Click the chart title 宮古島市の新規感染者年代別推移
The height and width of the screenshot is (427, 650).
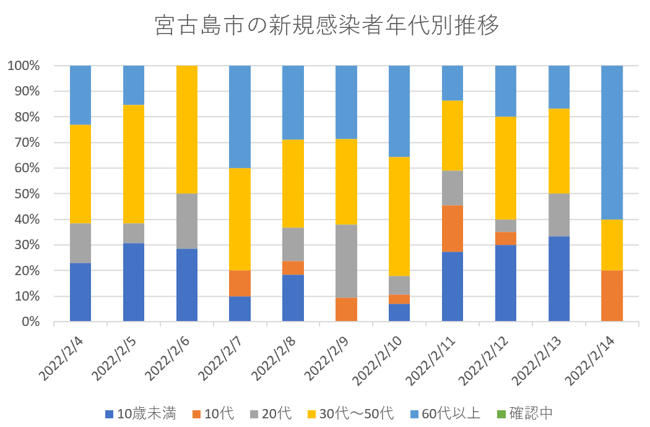pyautogui.click(x=327, y=26)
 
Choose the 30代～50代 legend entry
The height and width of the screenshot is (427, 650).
pyautogui.click(x=350, y=413)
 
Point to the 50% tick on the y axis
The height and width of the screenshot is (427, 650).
pyautogui.click(x=27, y=194)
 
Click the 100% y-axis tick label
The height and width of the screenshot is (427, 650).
pyautogui.click(x=24, y=66)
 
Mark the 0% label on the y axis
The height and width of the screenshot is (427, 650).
pyautogui.click(x=31, y=322)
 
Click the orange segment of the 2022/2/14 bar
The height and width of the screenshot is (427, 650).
pyautogui.click(x=612, y=296)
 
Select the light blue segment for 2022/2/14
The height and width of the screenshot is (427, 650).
pyautogui.click(x=612, y=143)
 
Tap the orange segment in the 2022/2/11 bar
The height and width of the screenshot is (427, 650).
pyautogui.click(x=453, y=229)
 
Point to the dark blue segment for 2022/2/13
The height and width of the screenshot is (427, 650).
pyautogui.click(x=559, y=279)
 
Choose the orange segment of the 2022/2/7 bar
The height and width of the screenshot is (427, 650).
pyautogui.click(x=240, y=283)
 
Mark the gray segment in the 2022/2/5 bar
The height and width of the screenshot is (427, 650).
pyautogui.click(x=134, y=233)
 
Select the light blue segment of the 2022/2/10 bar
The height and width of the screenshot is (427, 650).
pyautogui.click(x=399, y=112)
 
